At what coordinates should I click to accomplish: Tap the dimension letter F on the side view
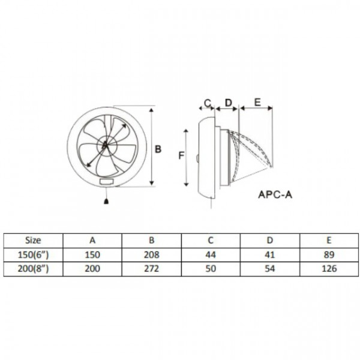pos(180,155)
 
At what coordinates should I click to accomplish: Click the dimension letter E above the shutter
pos(256,103)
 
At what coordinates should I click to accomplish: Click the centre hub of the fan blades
pos(105,145)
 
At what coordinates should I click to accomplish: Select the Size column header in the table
pos(33,239)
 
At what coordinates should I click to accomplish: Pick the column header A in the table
pos(92,239)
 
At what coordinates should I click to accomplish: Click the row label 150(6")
pos(33,254)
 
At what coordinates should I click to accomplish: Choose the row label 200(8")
pos(33,268)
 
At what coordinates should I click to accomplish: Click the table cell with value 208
pos(151,254)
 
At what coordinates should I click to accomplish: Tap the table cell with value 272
pos(151,268)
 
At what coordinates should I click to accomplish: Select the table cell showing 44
pos(211,254)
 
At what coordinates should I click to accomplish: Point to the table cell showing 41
pos(269,254)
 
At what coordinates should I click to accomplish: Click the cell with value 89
pos(328,254)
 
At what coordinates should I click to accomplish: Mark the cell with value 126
pos(328,268)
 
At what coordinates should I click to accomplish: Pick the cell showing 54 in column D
pos(269,268)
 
